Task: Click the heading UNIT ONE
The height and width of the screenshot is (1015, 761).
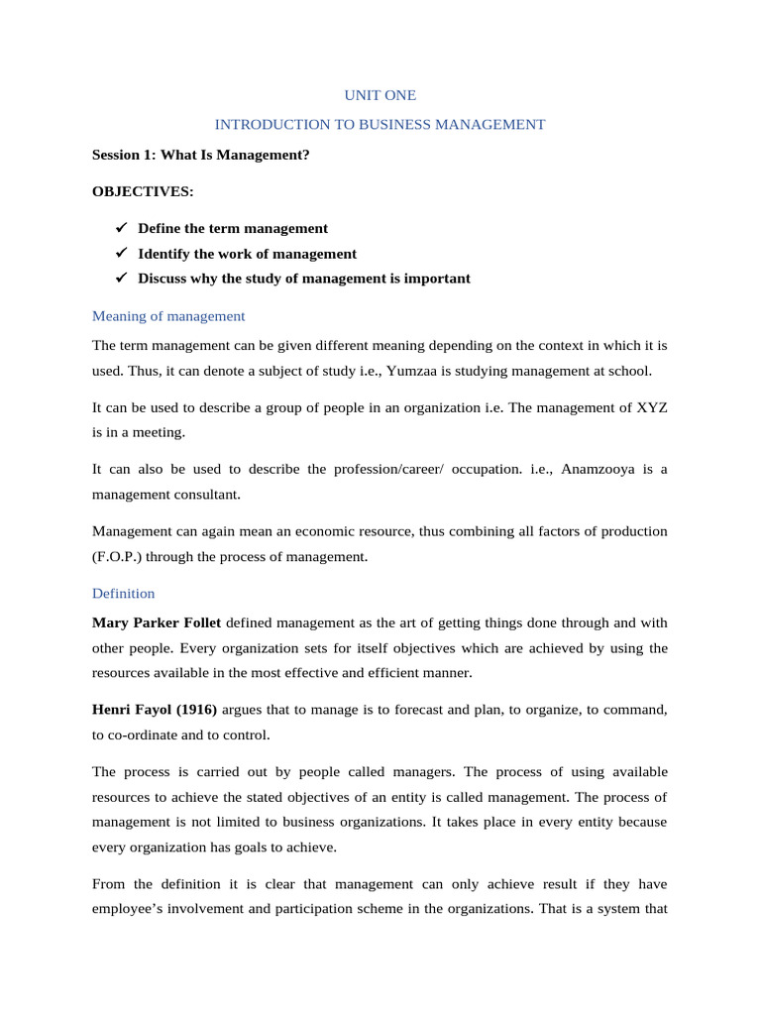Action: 380,95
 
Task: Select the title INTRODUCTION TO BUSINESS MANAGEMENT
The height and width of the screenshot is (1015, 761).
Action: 380,125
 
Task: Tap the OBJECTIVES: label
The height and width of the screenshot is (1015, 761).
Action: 143,190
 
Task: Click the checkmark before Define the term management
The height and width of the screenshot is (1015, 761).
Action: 121,228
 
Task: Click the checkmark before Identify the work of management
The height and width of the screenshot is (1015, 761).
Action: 121,254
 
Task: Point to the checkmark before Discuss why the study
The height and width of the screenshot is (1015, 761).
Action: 121,279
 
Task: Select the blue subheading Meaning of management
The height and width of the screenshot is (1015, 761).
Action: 167,316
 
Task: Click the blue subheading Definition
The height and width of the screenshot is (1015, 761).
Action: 123,594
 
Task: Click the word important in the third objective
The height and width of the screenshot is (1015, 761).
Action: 437,279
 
